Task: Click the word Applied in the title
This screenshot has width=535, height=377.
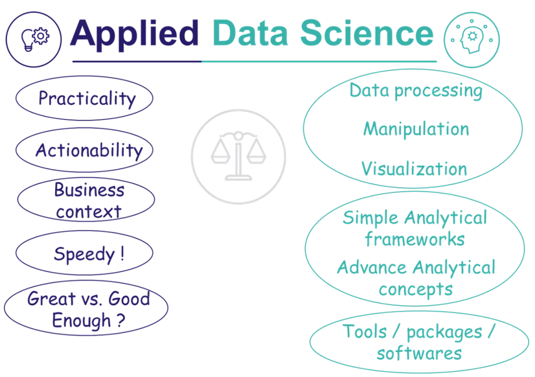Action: tap(134, 35)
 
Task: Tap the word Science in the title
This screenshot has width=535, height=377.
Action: tap(367, 33)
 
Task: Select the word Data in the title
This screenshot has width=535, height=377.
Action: tap(250, 33)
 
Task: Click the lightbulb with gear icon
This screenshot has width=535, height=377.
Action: tap(35, 40)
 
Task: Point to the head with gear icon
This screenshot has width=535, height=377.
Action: tap(470, 40)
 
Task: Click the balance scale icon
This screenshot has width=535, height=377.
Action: tap(238, 156)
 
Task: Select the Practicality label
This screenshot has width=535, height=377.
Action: tap(87, 98)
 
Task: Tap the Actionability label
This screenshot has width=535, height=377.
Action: tap(89, 150)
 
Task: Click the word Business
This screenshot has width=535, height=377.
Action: tap(89, 189)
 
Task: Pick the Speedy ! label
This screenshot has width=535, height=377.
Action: tap(89, 254)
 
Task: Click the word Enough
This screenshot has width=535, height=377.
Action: tap(81, 321)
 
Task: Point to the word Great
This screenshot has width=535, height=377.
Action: tap(51, 299)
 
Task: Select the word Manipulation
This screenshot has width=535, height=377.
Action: tap(416, 130)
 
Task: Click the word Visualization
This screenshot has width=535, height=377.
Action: tap(415, 168)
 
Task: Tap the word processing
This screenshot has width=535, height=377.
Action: tap(438, 91)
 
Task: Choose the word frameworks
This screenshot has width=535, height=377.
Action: tap(415, 239)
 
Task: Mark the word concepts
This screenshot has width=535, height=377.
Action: tap(416, 290)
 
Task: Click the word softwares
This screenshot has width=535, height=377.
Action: tap(419, 353)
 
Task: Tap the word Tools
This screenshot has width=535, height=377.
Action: tap(365, 331)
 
